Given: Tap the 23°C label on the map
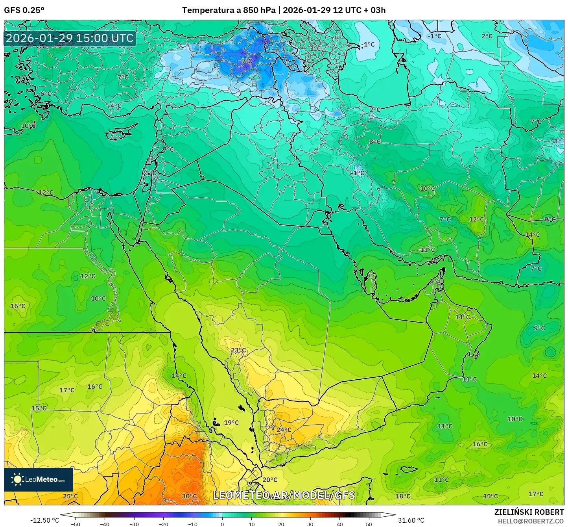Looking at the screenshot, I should (238, 350).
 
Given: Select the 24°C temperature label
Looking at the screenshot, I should (284, 430).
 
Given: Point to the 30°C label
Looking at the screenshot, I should (189, 496).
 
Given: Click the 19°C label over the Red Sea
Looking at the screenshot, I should (231, 423).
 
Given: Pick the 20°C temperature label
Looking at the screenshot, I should (270, 480).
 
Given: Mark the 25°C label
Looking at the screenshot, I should (70, 496).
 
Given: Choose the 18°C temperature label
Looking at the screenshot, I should (403, 496).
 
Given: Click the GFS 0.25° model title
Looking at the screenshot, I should (24, 10).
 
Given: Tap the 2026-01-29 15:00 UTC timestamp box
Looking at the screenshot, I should (70, 38).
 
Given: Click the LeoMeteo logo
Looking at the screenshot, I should (39, 479).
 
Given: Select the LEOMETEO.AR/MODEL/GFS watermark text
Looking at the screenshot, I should (284, 495).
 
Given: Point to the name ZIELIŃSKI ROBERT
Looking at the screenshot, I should (529, 512).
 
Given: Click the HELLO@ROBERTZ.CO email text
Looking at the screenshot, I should (531, 521).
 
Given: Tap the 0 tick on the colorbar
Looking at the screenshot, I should (222, 524).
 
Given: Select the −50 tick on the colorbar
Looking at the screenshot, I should (75, 524).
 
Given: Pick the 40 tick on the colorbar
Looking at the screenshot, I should (340, 524).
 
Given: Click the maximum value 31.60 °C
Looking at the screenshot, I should (411, 520).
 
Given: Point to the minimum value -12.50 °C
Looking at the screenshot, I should (44, 520).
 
